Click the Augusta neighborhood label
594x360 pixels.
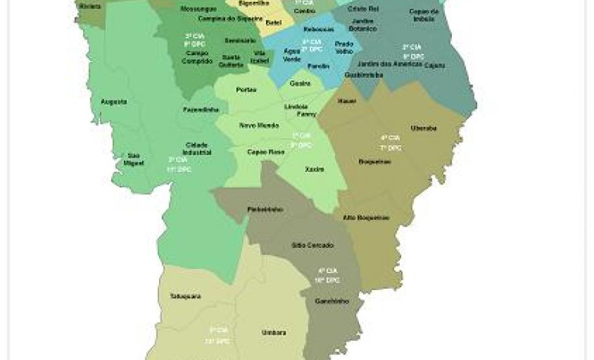114,102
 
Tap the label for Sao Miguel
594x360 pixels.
134,159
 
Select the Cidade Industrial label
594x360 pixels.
197,148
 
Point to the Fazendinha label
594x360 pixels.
201,110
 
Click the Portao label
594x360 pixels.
247,90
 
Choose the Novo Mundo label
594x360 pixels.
259,125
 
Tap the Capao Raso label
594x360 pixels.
266,152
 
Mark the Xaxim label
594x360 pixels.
314,169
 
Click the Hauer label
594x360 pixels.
347,101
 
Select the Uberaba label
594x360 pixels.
423,128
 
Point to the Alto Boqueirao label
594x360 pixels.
366,218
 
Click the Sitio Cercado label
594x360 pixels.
312,245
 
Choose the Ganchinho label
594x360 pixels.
332,301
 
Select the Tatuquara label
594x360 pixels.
185,296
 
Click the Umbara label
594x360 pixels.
273,332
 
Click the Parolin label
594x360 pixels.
318,66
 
